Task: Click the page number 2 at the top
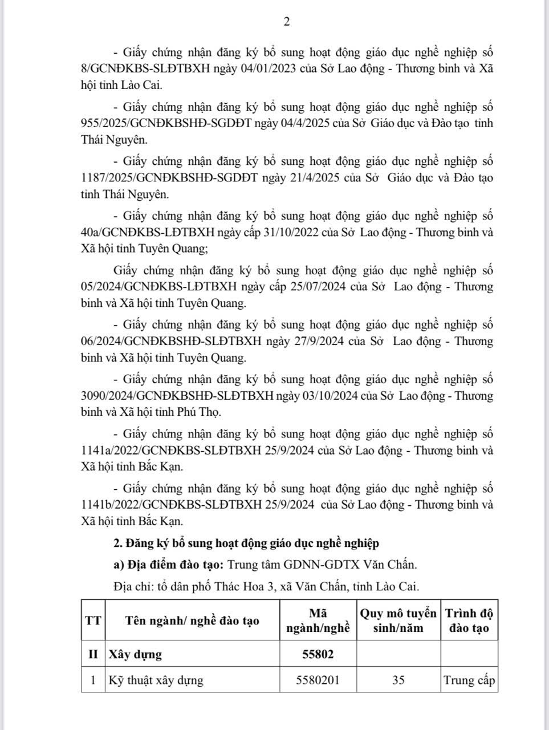click(287, 22)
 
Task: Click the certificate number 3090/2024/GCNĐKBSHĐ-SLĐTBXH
click(176, 396)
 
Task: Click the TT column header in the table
click(93, 620)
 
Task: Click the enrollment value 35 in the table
click(398, 680)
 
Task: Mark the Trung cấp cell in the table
click(469, 680)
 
